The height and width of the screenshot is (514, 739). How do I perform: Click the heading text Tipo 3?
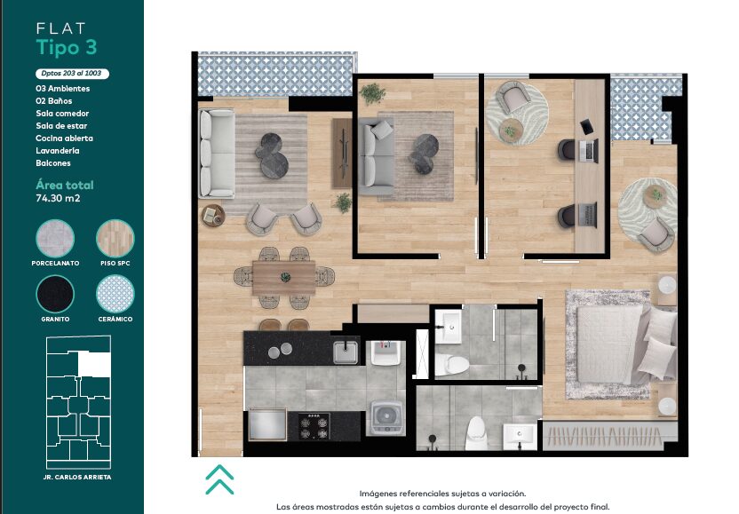[67, 48]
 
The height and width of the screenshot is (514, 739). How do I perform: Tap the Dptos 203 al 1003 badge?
[72, 74]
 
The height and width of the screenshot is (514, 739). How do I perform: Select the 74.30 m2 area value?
[58, 198]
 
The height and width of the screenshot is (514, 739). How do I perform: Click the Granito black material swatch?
[55, 294]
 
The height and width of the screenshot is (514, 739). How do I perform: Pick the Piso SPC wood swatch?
[115, 239]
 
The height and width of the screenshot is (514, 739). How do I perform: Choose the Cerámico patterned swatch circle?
[115, 294]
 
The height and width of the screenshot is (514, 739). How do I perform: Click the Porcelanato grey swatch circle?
[55, 239]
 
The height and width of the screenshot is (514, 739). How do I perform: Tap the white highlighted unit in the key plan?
[94, 364]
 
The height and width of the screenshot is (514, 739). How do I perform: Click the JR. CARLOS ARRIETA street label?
[77, 478]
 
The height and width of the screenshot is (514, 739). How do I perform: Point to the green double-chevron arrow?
[219, 479]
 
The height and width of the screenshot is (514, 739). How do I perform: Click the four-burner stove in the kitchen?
[314, 425]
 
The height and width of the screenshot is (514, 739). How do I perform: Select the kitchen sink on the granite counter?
[346, 352]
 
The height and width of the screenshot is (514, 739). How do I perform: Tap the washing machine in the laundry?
[385, 417]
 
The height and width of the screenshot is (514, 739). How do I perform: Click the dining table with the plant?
[283, 278]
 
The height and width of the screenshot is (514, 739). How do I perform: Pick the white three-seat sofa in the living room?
[217, 153]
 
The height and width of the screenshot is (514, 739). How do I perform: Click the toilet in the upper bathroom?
[451, 365]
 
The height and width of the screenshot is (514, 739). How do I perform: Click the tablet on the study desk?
[587, 126]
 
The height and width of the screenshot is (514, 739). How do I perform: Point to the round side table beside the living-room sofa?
[213, 216]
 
